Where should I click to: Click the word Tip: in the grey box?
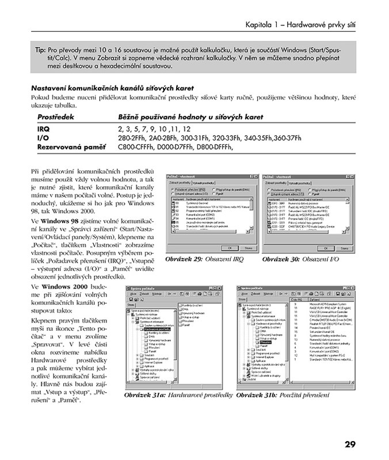tap(41, 50)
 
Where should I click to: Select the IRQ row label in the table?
tap(43, 129)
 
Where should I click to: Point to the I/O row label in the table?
tap(43, 138)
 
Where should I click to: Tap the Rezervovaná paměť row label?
tap(71, 147)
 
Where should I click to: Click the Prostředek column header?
tap(58, 117)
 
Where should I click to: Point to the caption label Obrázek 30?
tap(281, 259)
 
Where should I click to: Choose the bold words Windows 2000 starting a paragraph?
tap(64, 286)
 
